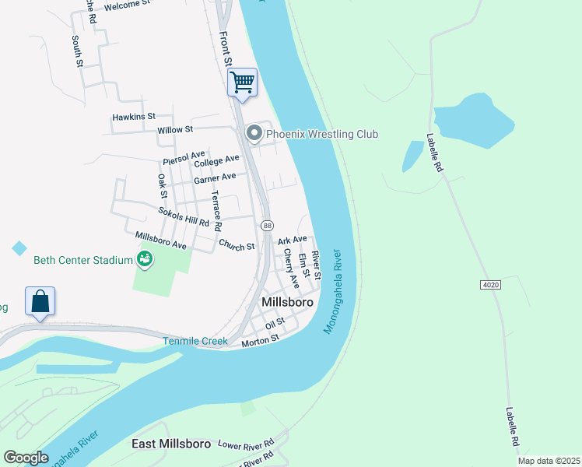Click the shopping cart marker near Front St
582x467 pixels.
tap(242, 82)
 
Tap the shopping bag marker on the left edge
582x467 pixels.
tap(40, 301)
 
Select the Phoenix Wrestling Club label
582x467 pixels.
tap(321, 135)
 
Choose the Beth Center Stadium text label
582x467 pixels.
tap(82, 260)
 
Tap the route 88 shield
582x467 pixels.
tap(266, 225)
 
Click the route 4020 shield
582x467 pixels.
tap(490, 286)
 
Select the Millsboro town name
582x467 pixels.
tap(287, 302)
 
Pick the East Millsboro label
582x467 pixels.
tap(170, 444)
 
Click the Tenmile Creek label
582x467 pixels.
tap(195, 341)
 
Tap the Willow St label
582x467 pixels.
tap(174, 130)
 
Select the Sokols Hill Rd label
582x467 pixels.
tap(184, 216)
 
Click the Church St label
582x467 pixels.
tap(237, 247)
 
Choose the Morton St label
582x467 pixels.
tap(260, 340)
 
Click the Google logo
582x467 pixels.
tap(26, 458)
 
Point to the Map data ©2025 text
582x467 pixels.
tap(548, 461)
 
